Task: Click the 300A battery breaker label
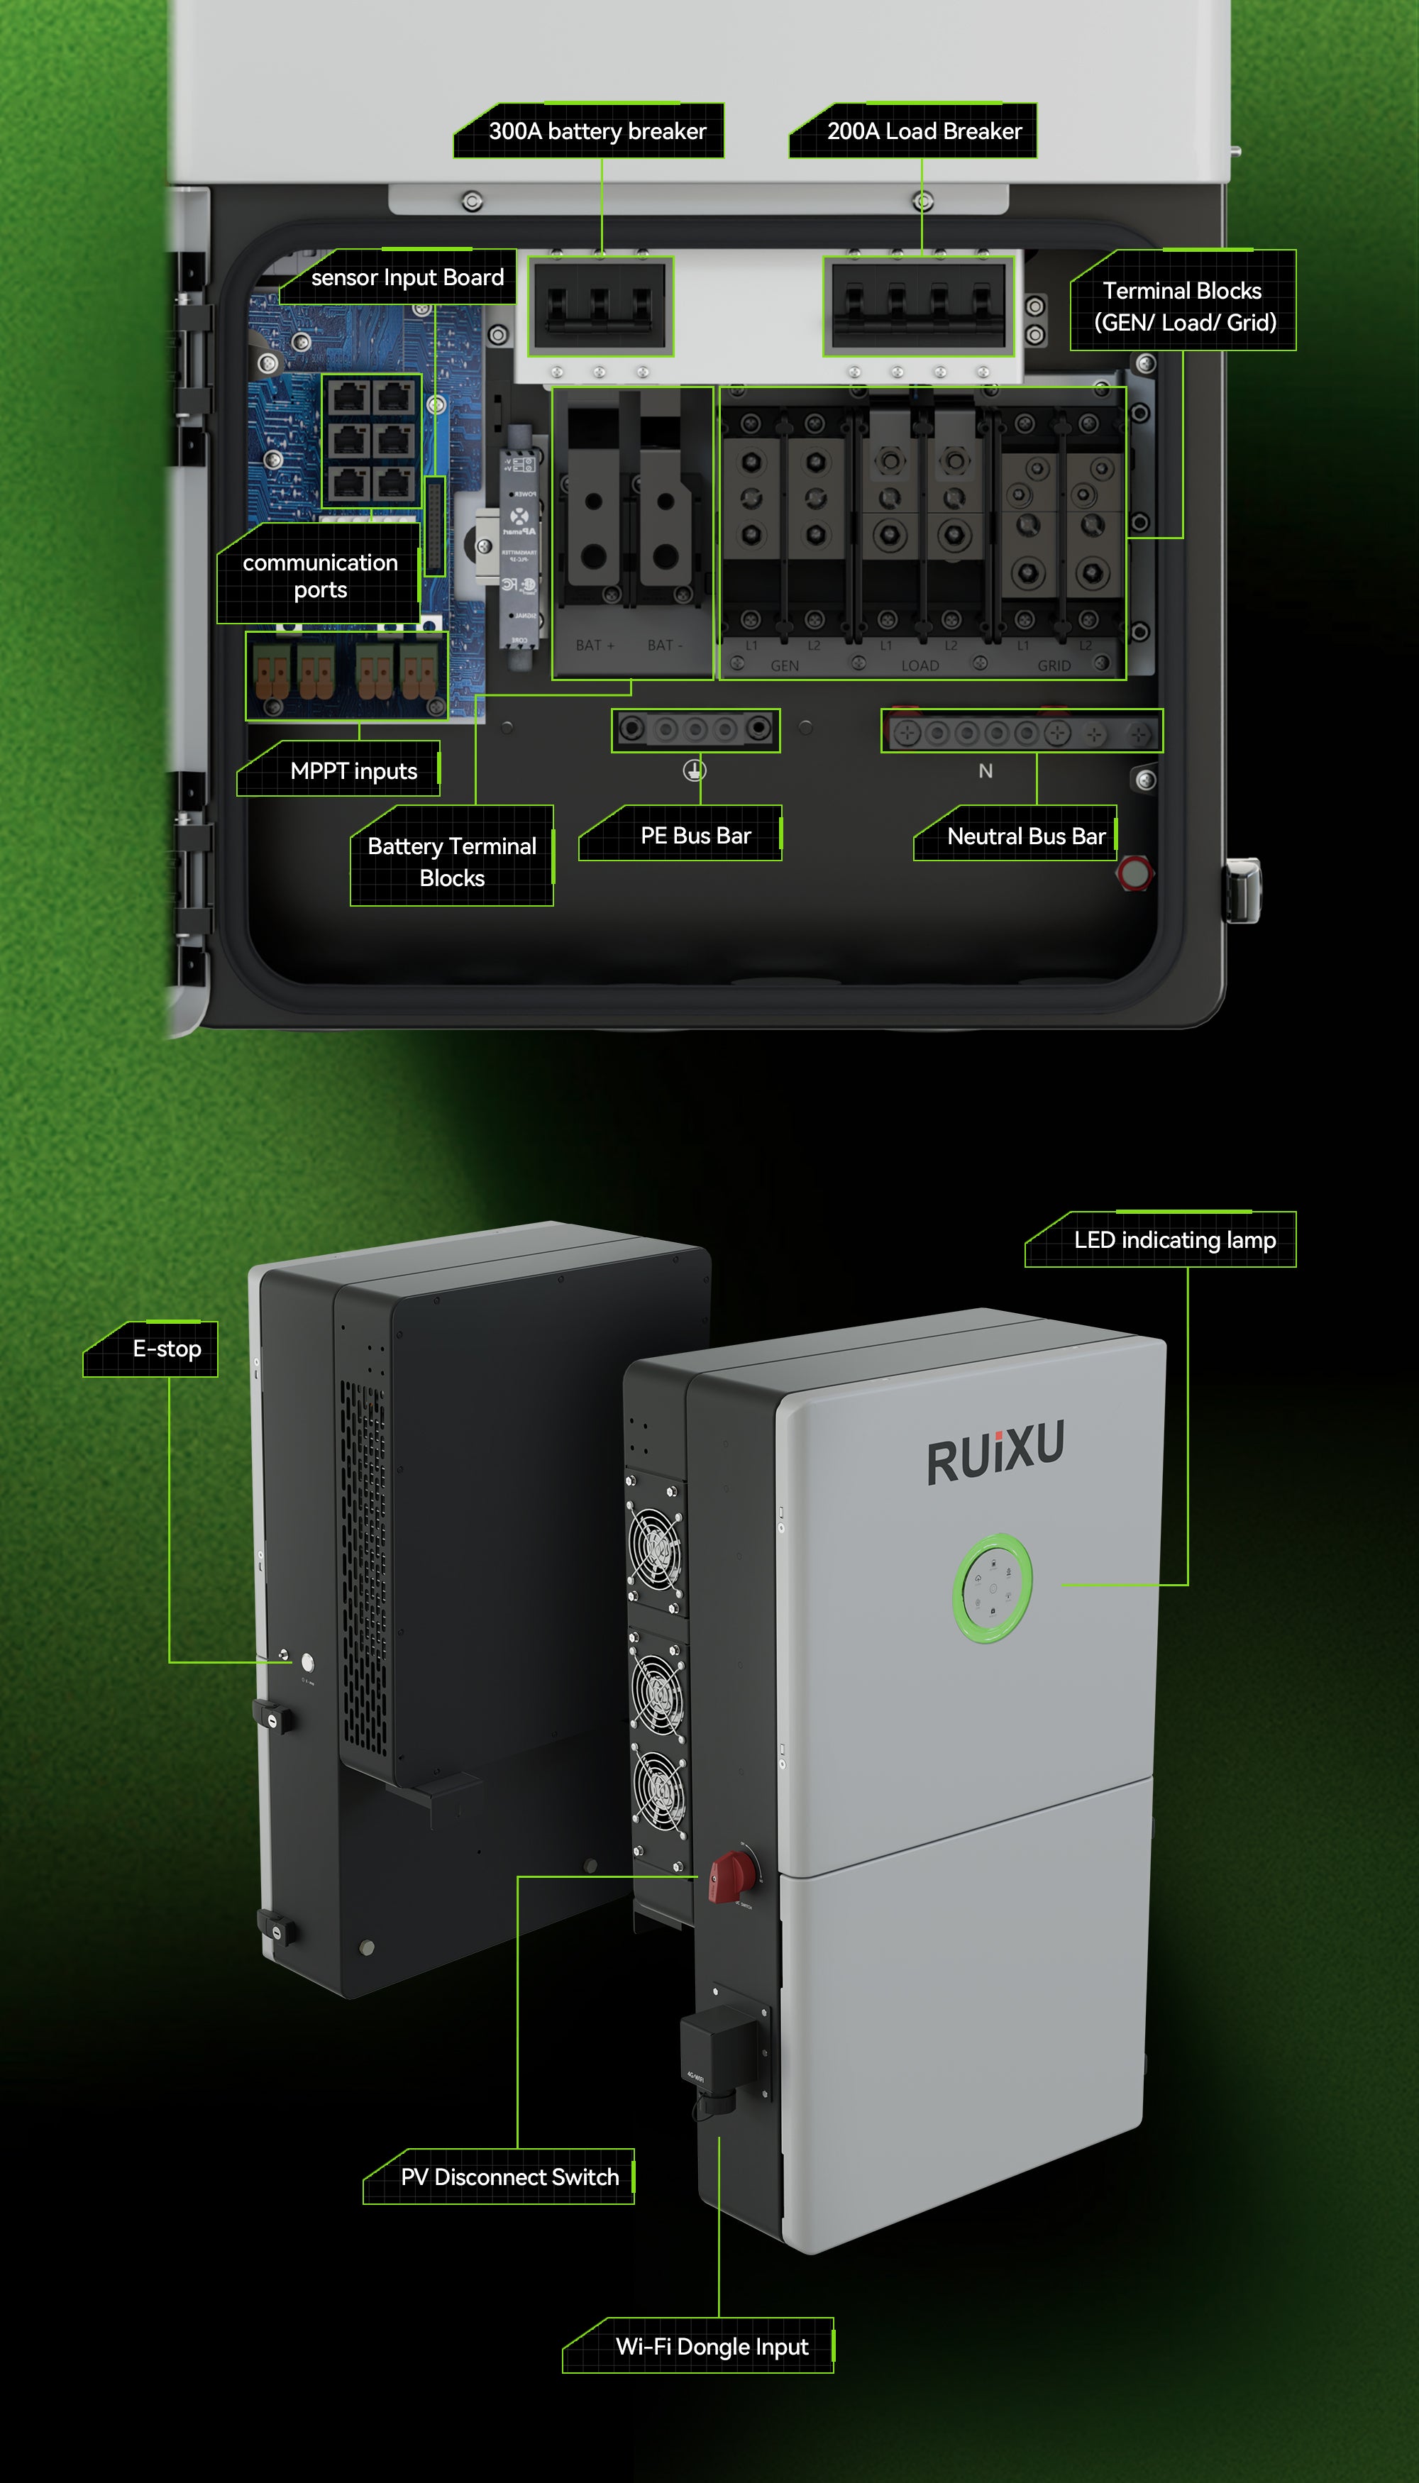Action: click(597, 131)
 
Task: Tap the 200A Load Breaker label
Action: click(923, 131)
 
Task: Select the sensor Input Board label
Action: click(407, 277)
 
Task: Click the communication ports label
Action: click(320, 576)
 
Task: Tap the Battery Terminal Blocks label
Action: click(452, 861)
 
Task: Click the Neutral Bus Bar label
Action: click(1025, 836)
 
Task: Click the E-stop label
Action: click(167, 1349)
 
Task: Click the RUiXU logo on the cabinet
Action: click(995, 1452)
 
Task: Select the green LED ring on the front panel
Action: click(991, 1589)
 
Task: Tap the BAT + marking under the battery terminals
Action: click(595, 645)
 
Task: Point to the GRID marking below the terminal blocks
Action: click(1054, 665)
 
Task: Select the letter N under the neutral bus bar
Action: click(985, 771)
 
